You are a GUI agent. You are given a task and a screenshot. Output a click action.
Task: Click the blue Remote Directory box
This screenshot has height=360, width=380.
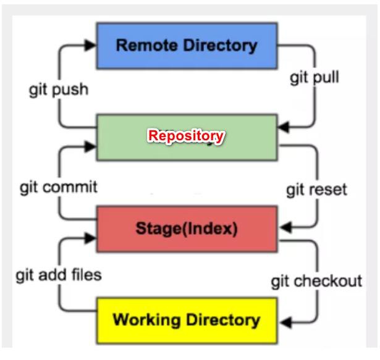[x=187, y=45]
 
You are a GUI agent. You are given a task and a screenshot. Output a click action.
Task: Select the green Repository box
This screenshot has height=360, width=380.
[x=187, y=136]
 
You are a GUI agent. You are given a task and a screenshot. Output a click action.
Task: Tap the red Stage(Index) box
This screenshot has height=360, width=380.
[x=187, y=228]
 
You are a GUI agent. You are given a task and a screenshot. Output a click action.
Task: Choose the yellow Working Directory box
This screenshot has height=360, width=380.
[x=187, y=320]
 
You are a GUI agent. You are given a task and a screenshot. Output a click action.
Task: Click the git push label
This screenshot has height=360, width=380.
[x=59, y=90]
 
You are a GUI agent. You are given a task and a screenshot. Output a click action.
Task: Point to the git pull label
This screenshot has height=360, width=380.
[x=315, y=79]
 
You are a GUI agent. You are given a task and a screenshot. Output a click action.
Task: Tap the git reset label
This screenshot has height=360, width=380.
[x=316, y=189]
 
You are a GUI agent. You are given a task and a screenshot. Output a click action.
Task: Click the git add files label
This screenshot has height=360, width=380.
[x=59, y=274]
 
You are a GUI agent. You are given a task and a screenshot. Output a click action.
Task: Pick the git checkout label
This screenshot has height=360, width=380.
[x=316, y=282]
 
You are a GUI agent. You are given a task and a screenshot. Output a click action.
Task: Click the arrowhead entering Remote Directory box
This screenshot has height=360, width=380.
[x=91, y=45]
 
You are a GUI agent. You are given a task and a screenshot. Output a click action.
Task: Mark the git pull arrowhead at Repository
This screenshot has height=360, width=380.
[x=283, y=128]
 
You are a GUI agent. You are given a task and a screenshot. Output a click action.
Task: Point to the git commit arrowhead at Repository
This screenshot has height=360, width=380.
[x=91, y=147]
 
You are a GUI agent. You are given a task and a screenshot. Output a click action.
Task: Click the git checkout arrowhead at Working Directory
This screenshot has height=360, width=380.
[x=283, y=320]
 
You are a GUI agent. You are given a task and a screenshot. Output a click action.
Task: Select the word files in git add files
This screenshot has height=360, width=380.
[x=87, y=274]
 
